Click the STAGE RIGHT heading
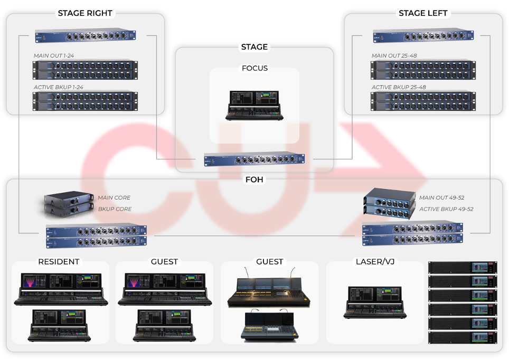pos(85,13)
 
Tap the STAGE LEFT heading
pos(423,13)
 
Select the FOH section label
pos(254,179)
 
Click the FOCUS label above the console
pos(254,68)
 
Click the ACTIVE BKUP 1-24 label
pos(58,87)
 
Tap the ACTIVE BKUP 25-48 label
pos(399,87)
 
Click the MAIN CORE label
pos(114,198)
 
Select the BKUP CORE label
pos(115,209)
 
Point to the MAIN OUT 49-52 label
pos(442,198)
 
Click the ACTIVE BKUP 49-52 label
pos(446,209)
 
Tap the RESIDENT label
pos(59,262)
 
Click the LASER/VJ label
pos(376,262)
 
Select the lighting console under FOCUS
pos(254,105)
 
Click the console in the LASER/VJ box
pos(375,302)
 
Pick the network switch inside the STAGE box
pos(254,159)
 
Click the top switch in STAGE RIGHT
pos(85,36)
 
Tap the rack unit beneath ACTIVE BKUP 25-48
pos(423,101)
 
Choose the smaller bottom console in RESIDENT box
pos(59,325)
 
